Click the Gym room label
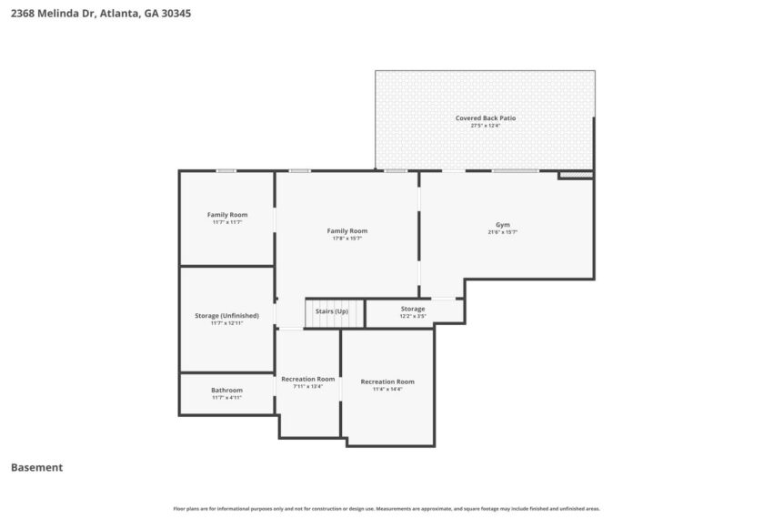502,224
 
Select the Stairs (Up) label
331,311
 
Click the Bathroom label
226,390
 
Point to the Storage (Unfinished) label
226,315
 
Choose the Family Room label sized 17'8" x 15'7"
346,230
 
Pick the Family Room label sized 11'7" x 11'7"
226,214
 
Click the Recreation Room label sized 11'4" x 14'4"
387,382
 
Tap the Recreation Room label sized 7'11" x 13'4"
307,378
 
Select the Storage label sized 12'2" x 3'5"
413,309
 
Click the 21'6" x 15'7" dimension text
502,232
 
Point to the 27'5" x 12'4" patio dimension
485,126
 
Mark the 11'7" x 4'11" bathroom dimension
226,397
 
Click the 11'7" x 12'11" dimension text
226,322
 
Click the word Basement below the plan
36,467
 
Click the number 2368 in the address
24,14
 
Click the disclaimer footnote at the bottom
386,508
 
